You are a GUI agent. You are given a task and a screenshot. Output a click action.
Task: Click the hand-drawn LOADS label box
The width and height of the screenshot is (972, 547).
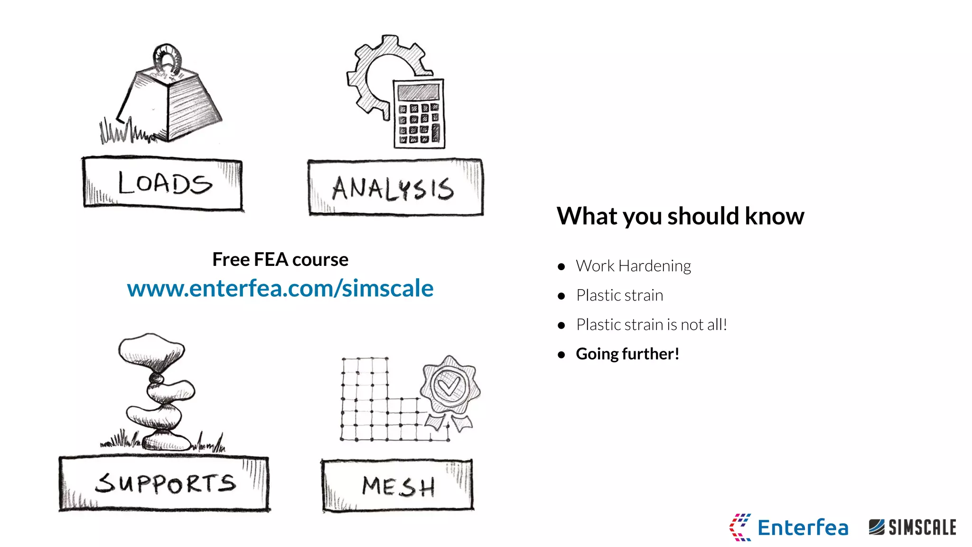[x=163, y=183]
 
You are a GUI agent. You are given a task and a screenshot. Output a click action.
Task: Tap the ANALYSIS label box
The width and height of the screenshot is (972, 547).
[x=395, y=188]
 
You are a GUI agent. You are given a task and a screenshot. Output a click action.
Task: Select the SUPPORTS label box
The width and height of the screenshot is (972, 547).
[x=164, y=483]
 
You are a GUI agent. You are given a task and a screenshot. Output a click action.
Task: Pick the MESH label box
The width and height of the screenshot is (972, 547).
[x=398, y=486]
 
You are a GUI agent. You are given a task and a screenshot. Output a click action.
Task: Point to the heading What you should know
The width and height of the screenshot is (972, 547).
[x=680, y=216]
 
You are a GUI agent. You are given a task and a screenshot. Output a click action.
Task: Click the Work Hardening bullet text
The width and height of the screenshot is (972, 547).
[x=633, y=266]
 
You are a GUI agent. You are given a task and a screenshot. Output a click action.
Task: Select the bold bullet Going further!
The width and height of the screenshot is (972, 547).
[x=627, y=354]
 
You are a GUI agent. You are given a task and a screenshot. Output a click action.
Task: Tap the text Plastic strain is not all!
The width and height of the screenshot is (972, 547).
[x=651, y=325]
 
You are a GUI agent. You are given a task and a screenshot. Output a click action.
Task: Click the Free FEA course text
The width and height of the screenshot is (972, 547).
[x=280, y=259]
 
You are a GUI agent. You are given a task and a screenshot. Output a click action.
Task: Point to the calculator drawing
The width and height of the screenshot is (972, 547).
[x=419, y=114]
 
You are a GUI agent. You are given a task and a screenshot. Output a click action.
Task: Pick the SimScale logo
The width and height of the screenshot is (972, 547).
[x=912, y=527]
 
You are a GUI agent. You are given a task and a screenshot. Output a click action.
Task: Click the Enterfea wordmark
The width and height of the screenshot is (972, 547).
[x=803, y=528]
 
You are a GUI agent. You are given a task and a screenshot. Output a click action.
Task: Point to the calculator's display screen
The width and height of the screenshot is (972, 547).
[x=418, y=91]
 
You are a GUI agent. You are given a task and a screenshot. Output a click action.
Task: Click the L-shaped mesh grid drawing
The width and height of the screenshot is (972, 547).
[x=375, y=408]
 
